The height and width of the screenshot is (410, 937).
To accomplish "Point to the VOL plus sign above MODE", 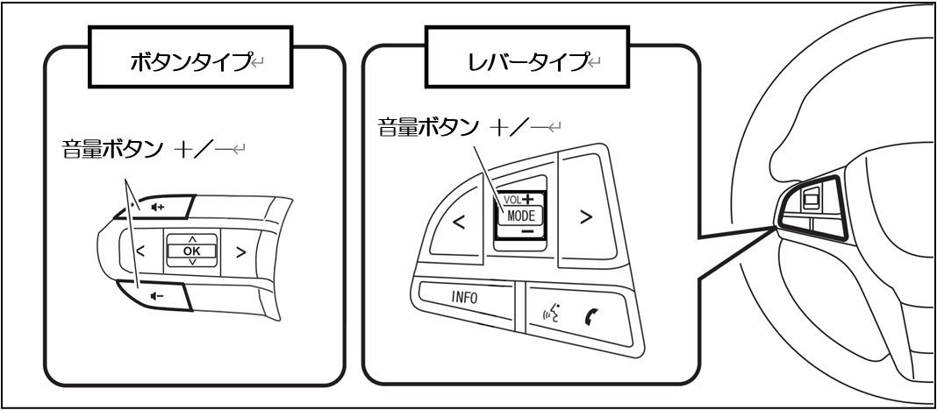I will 529,197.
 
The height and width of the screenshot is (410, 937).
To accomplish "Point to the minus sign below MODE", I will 526,231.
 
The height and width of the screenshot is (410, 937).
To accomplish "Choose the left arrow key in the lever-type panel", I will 458,222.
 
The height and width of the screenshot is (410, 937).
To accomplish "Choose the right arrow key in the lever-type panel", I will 586,219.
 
